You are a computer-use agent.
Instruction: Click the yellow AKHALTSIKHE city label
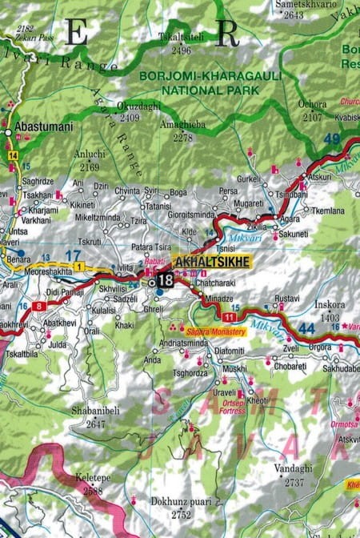click(212, 262)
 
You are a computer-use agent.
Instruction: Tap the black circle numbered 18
click(165, 279)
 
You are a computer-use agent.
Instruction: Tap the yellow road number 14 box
click(13, 155)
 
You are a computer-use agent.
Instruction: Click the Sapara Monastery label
click(214, 329)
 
